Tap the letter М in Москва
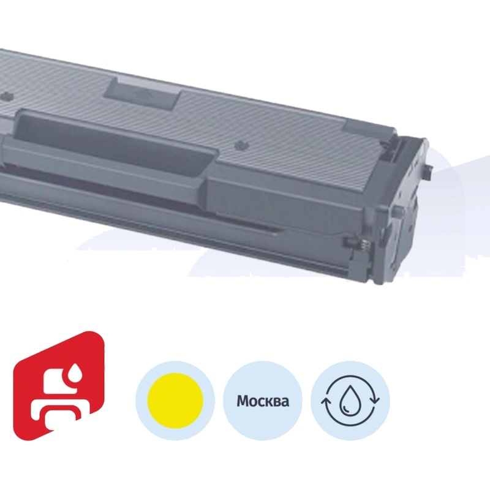[242, 402]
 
